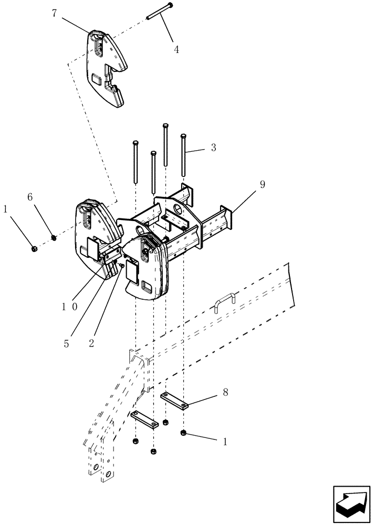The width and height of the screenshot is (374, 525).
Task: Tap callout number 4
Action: (x=176, y=50)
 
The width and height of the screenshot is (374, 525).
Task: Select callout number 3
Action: (x=213, y=148)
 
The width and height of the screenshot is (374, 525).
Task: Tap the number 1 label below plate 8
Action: (x=225, y=442)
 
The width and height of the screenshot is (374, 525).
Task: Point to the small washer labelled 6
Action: (x=53, y=238)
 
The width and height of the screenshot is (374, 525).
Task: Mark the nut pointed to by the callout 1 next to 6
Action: (x=34, y=248)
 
